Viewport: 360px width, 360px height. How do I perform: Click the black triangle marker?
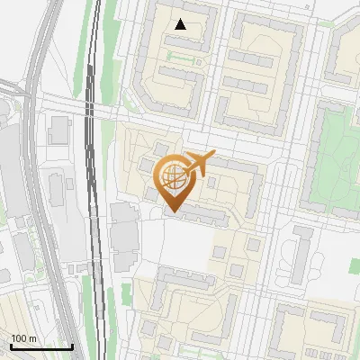tap(181, 24)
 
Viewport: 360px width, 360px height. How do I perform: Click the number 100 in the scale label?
tap(19, 338)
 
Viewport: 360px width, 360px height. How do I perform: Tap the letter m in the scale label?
tap(32, 338)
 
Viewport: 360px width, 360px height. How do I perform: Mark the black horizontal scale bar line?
tap(40, 346)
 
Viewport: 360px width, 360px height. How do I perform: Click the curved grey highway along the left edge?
tap(36, 180)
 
